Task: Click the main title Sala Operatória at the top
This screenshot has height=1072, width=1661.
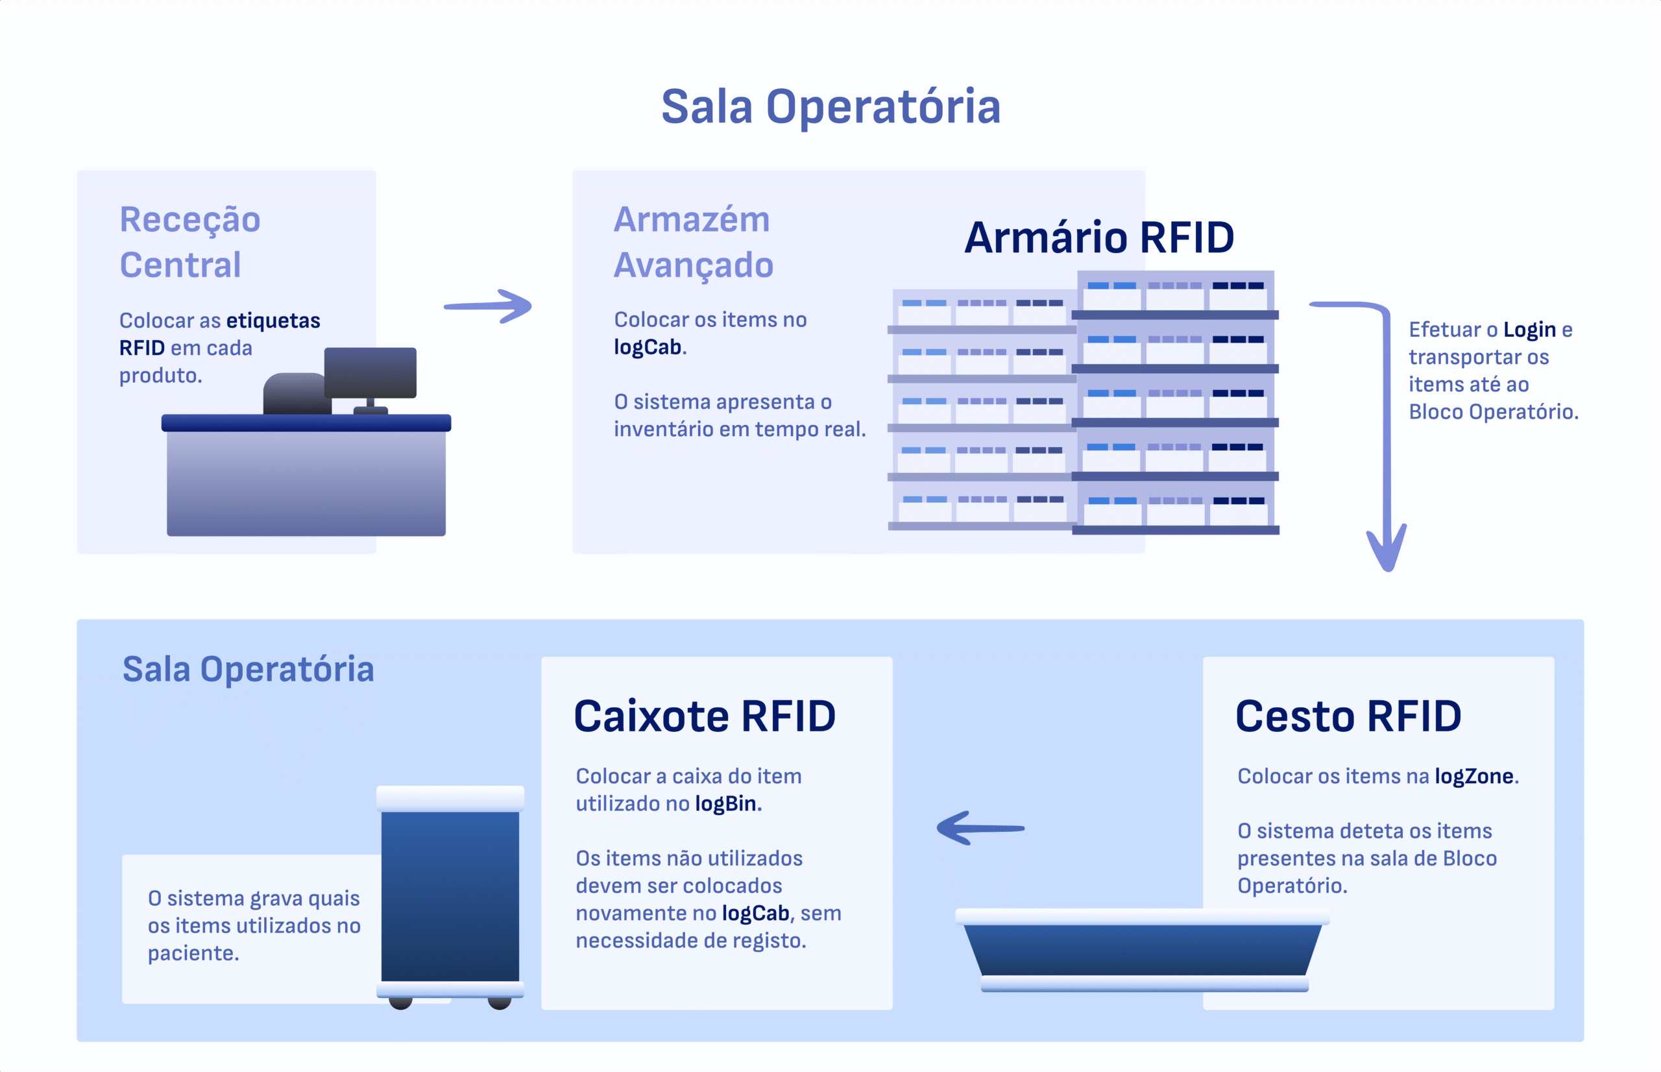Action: click(830, 107)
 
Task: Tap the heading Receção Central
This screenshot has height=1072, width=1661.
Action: click(190, 241)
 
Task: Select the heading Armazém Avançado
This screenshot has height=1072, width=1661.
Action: click(693, 241)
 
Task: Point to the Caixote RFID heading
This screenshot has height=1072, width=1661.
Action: click(704, 716)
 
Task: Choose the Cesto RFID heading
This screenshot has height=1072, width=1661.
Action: click(1348, 716)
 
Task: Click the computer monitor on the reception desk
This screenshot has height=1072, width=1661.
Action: click(370, 373)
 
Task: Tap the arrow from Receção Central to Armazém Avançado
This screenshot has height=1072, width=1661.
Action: click(489, 306)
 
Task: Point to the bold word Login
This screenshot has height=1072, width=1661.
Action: click(1529, 330)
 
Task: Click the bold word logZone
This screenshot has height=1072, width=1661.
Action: click(1474, 776)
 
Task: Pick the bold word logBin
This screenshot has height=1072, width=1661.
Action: click(725, 804)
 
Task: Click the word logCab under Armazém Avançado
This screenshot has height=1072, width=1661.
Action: click(647, 347)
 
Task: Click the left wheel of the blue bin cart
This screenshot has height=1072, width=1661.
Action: click(400, 1003)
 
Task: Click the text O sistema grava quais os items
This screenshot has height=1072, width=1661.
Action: click(254, 912)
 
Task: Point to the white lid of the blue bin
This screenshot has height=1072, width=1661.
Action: click(450, 798)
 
